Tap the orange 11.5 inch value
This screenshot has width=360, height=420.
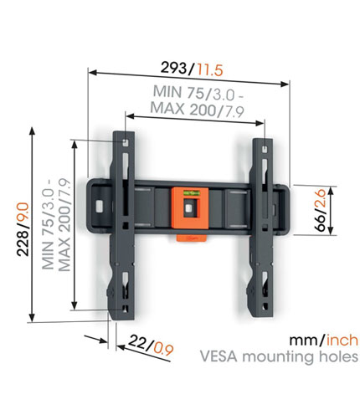(x=209, y=69)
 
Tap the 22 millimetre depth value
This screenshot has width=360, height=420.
(x=139, y=341)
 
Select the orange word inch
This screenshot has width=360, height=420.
(x=342, y=341)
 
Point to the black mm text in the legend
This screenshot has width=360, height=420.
(x=305, y=341)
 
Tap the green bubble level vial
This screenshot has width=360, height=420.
(x=190, y=192)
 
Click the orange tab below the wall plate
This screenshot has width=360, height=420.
(x=192, y=238)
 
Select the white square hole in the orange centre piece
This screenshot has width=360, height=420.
(x=188, y=208)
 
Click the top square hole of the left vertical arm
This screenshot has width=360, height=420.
(x=126, y=142)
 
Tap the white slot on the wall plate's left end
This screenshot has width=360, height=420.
(x=100, y=206)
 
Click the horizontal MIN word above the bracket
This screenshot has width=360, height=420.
(x=167, y=91)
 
